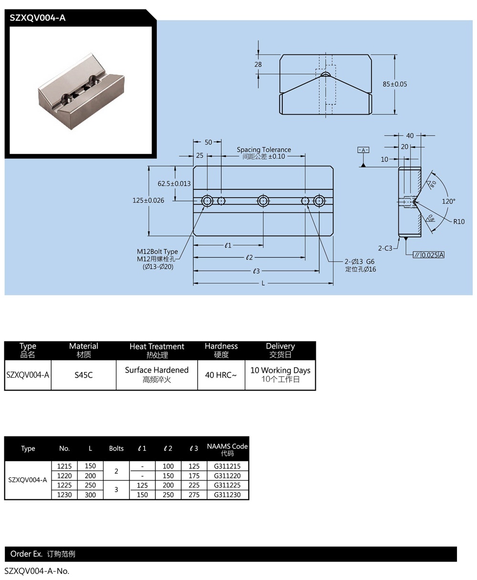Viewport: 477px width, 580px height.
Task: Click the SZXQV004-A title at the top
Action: [x=38, y=18]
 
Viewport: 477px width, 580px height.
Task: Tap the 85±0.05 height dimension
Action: [x=395, y=84]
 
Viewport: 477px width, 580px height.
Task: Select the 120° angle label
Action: [x=448, y=201]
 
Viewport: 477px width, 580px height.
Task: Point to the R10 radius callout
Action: [x=459, y=221]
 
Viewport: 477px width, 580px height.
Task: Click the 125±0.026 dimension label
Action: [x=148, y=200]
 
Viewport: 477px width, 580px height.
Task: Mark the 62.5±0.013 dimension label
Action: [x=174, y=184]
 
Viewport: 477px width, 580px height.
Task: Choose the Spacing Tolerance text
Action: [x=264, y=150]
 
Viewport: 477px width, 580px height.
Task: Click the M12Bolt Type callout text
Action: [x=157, y=251]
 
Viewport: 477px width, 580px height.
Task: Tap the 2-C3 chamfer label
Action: [x=385, y=248]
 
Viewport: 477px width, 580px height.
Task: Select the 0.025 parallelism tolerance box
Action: [x=429, y=255]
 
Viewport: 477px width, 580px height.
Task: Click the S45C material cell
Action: [x=83, y=375]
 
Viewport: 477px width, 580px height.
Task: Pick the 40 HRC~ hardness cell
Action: [x=221, y=375]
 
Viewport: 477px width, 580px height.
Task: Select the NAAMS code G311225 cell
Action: [x=227, y=485]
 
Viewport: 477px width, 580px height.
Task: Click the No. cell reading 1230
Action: [x=64, y=495]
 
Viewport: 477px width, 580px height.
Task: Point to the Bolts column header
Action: [x=116, y=448]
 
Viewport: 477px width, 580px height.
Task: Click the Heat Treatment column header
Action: [x=156, y=350]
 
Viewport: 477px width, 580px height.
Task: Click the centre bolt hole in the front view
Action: [x=263, y=201]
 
